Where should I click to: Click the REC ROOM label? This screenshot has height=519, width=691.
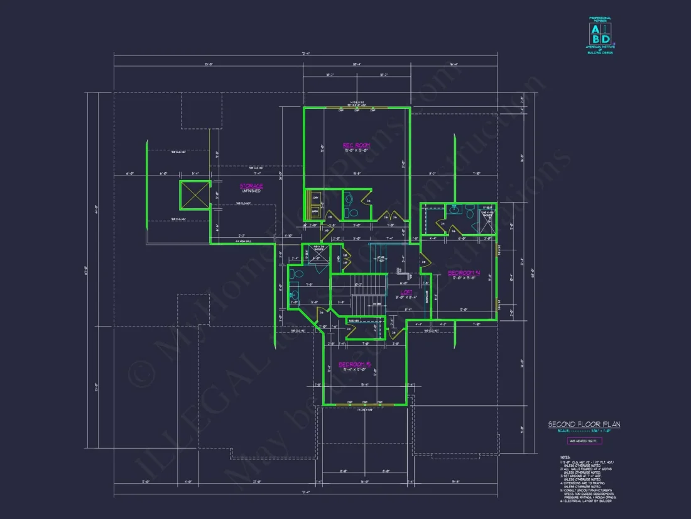(x=356, y=145)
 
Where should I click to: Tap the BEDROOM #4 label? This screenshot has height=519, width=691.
(x=464, y=272)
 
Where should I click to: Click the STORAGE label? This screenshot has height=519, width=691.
(x=251, y=186)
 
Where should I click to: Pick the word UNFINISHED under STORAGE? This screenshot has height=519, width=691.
(x=251, y=191)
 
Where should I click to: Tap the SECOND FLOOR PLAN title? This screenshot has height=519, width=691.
(x=584, y=425)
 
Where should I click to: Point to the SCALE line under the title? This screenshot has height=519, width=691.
(x=584, y=432)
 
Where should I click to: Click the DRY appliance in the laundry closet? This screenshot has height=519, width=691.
(x=314, y=198)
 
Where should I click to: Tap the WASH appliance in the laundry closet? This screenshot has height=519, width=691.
(x=314, y=211)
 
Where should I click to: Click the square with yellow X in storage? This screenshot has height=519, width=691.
(x=195, y=195)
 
